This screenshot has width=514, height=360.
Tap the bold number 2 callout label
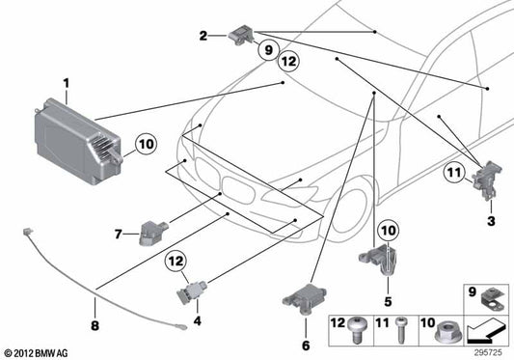pyautogui.click(x=203, y=36)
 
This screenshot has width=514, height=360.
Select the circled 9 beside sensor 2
pyautogui.click(x=267, y=49)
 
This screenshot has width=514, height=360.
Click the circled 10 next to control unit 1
pyautogui.click(x=145, y=146)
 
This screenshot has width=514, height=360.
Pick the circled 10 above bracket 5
pyautogui.click(x=386, y=230)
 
